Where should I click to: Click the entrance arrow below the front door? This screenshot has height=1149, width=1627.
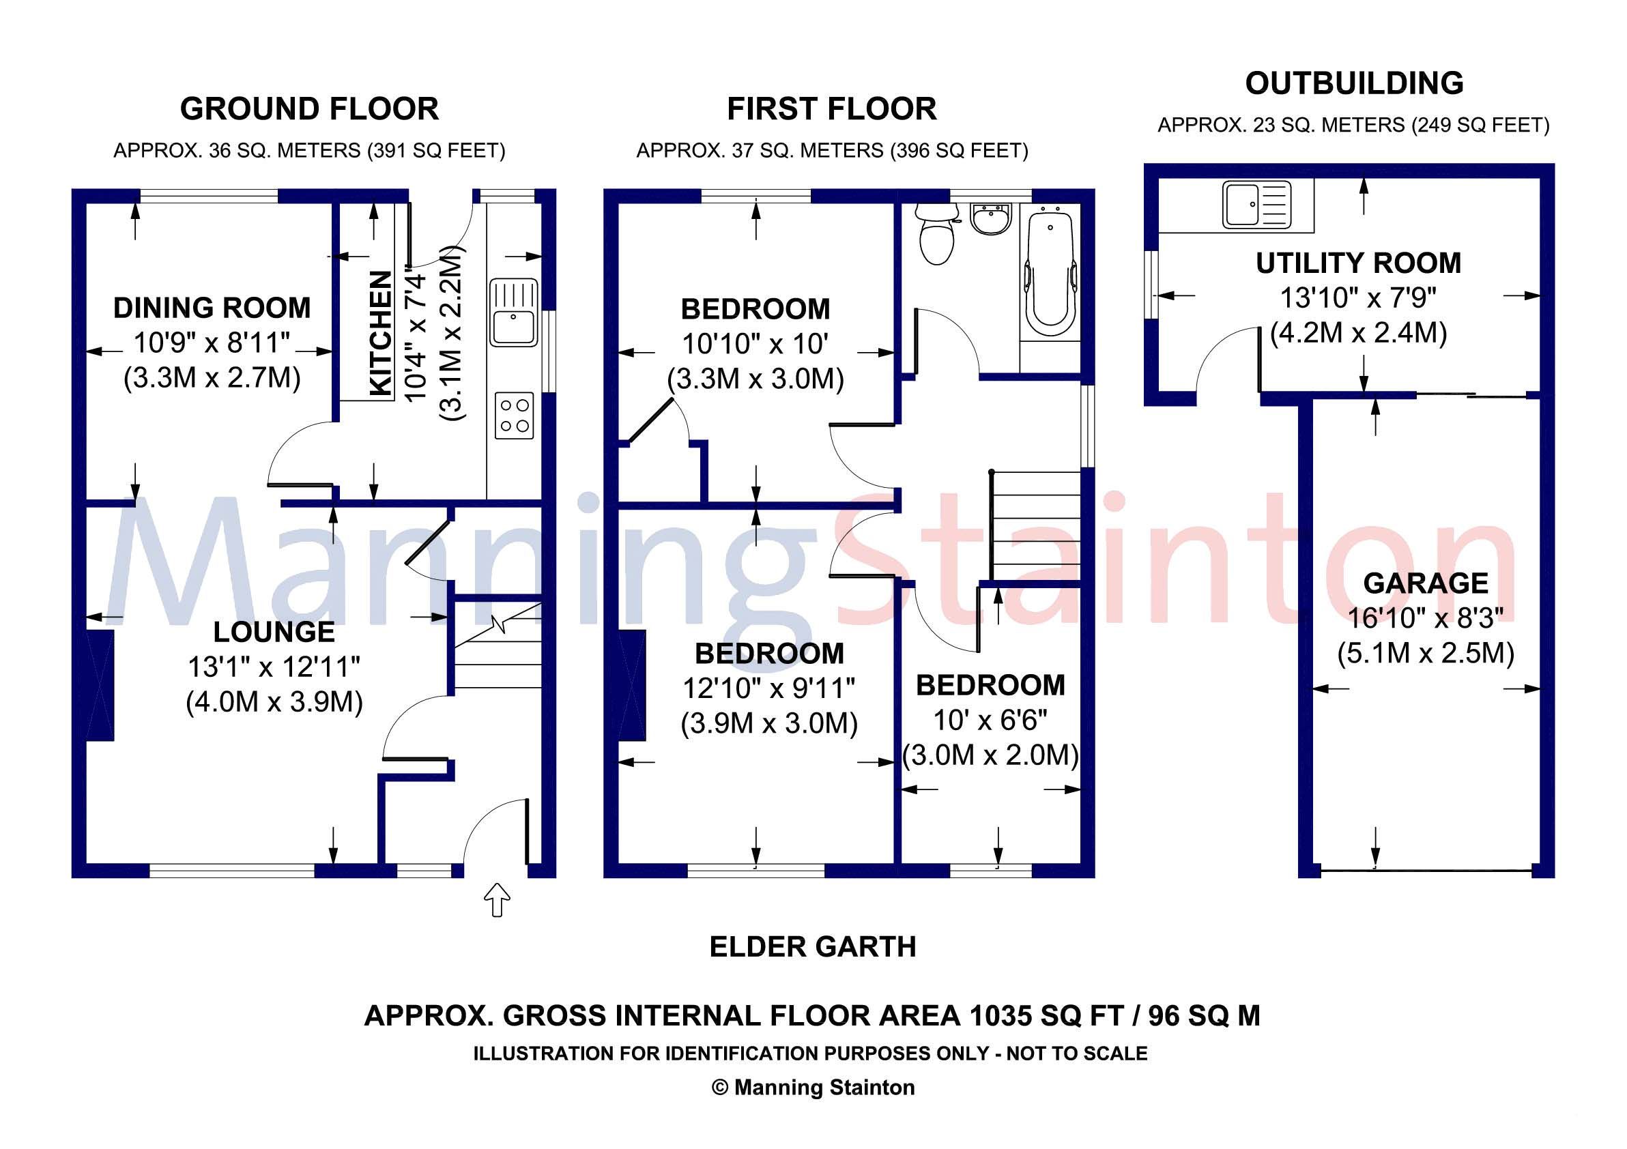click(497, 900)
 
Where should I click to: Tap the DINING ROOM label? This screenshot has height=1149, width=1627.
click(212, 308)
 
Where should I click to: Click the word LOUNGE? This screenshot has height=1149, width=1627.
click(274, 632)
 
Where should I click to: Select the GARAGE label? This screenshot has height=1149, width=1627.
click(1426, 583)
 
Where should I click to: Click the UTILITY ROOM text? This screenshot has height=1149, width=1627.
click(1358, 263)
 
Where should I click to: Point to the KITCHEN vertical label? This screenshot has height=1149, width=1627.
click(381, 334)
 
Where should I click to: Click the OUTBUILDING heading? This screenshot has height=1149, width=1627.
click(1354, 84)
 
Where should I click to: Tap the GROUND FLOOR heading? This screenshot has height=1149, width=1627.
click(309, 109)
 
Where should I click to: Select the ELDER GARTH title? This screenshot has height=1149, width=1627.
click(813, 947)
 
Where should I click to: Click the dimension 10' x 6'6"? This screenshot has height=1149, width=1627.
click(990, 721)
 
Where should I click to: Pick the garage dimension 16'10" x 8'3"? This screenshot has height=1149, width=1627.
click(1425, 618)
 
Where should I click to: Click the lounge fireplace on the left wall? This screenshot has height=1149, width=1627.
click(99, 685)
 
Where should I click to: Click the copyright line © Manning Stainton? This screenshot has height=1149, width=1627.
click(813, 1088)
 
